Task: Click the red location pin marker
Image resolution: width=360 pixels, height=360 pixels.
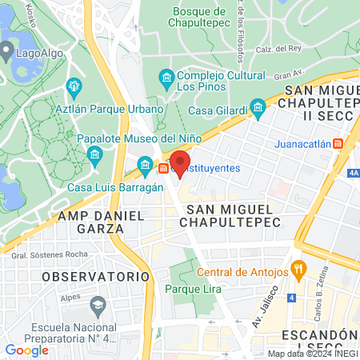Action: point(180,163)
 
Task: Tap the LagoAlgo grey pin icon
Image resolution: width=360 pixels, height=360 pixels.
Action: point(6,54)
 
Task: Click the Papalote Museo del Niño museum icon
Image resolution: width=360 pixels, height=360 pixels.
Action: point(94,154)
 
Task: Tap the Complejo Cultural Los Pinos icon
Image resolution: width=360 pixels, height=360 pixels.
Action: point(166,78)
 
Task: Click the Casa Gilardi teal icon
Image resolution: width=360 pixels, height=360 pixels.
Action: point(258,106)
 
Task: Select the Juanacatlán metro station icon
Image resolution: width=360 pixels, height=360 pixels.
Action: point(338,144)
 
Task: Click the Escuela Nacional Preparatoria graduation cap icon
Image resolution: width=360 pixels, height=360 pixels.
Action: point(98,305)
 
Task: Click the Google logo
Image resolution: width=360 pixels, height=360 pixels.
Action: point(26,350)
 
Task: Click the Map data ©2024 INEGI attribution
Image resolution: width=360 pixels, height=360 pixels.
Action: point(313,354)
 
